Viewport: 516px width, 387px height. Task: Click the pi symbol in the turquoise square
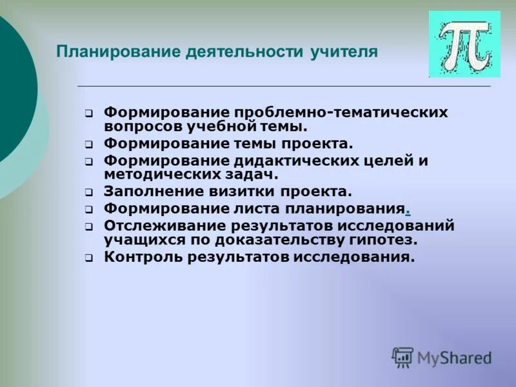tap(464, 44)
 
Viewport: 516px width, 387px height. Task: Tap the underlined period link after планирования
tap(408, 210)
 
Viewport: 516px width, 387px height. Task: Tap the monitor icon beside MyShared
tap(402, 357)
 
